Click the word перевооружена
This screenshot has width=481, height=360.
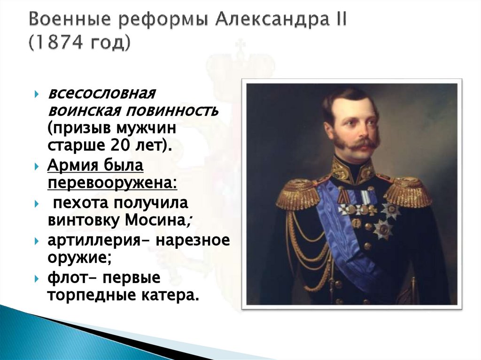tap(112, 182)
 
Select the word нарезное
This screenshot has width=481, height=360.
tap(193, 240)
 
